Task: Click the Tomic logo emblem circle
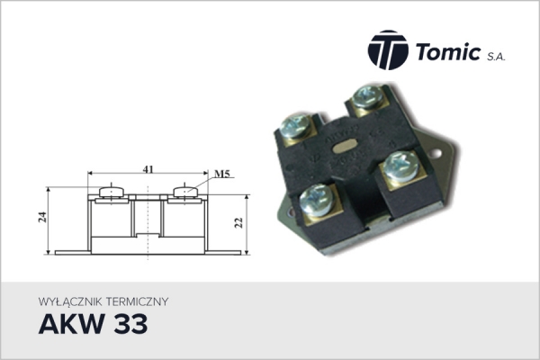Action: (x=388, y=49)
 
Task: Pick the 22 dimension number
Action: (x=238, y=223)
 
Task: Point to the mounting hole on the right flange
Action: (x=439, y=148)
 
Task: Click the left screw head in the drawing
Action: (x=110, y=191)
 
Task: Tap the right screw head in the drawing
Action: (x=184, y=191)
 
